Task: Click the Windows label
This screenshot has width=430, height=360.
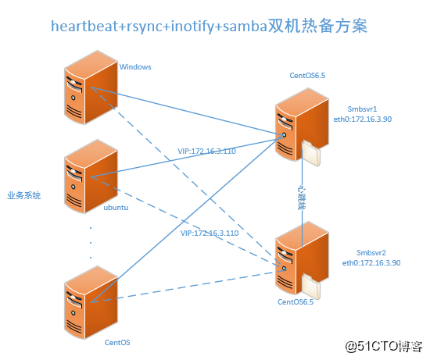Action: pos(135,67)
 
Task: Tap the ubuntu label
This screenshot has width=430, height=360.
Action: pos(116,208)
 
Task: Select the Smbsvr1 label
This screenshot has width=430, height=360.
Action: pos(362,109)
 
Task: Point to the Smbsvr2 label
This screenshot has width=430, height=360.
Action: pos(371,252)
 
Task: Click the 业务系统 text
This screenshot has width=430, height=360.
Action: pos(24,195)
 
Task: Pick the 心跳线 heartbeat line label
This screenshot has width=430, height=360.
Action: pos(302,198)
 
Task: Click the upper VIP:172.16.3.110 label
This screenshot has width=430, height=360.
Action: pos(206,151)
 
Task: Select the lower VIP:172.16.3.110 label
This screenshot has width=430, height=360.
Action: pos(210,233)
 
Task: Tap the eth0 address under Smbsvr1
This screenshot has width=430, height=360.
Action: pos(363,119)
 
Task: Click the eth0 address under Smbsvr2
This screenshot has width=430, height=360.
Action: pos(371,262)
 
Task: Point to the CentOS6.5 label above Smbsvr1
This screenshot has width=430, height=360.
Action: pos(307,75)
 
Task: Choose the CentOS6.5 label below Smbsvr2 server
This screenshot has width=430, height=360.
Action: pos(296,301)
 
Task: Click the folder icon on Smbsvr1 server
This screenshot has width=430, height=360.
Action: pos(311,152)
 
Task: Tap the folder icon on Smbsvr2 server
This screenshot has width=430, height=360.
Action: pos(311,287)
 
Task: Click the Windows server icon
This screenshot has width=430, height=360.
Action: pos(91,87)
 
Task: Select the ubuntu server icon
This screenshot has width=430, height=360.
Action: pos(91,176)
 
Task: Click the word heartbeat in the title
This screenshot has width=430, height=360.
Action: pos(84,27)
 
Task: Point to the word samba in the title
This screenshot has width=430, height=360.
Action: pos(245,27)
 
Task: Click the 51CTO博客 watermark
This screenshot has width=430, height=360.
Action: pos(384,346)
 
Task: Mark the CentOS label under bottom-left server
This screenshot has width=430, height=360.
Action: pos(117,343)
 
